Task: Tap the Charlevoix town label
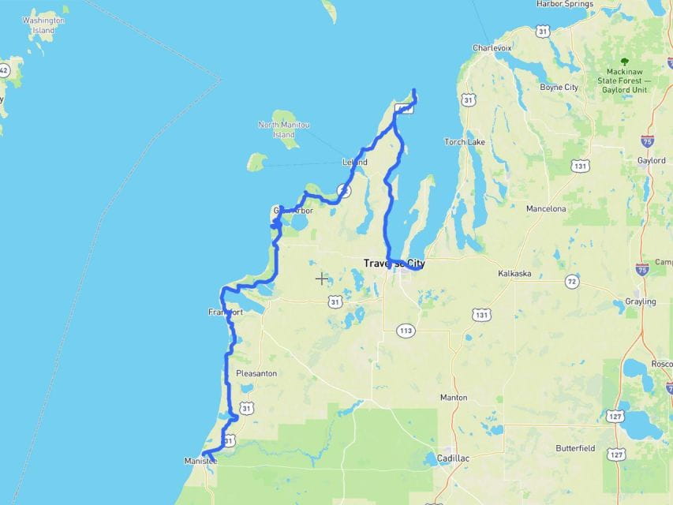[x=492, y=48]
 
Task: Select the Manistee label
[x=200, y=461]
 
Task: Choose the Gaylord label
[x=651, y=160]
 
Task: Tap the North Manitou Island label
[x=284, y=129]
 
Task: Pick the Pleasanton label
[x=256, y=373]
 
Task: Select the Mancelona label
[x=546, y=209]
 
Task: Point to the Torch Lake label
[x=464, y=142]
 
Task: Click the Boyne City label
[x=559, y=88]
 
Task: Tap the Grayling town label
[x=639, y=301]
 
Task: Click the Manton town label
[x=454, y=398]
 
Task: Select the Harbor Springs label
[x=564, y=4]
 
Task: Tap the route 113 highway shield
[x=406, y=330]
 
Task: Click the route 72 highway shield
[x=571, y=282]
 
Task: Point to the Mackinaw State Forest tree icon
[x=624, y=61]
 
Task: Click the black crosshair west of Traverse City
[x=321, y=279]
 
